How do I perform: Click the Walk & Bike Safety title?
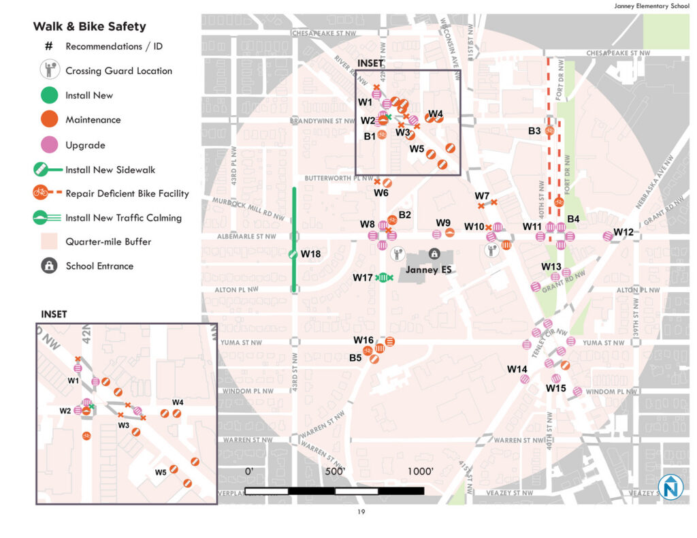tap(89, 27)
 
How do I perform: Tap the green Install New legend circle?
tap(48, 95)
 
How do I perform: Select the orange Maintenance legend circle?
tap(48, 120)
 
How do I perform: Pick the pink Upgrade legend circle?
tap(48, 145)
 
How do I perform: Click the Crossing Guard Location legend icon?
tap(48, 70)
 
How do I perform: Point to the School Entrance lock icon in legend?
tap(48, 266)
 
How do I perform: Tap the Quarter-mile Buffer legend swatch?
tap(48, 241)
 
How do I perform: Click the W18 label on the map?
tap(310, 254)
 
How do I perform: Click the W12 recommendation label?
tap(623, 232)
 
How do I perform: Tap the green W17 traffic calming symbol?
tap(385, 277)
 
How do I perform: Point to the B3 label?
tap(534, 131)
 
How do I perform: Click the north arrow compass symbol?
tap(671, 488)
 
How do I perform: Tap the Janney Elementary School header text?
tap(651, 6)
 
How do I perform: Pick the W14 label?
tap(517, 369)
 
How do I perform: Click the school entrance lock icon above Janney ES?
tap(434, 254)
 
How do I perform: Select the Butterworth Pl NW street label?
tap(329, 178)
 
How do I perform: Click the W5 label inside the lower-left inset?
tap(161, 473)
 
